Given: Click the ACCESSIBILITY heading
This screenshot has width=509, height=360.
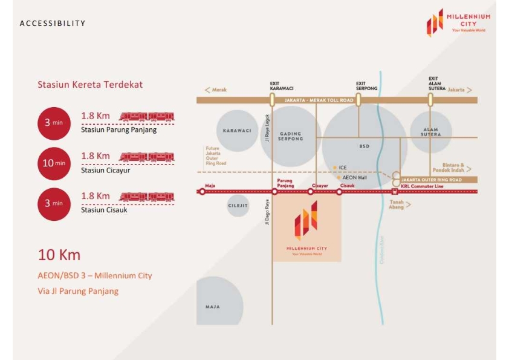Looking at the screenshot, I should click(x=53, y=24).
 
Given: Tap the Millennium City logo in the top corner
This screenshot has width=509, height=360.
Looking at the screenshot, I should click(x=458, y=22).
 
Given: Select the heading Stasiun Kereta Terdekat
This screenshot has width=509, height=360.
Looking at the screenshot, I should click(x=90, y=85).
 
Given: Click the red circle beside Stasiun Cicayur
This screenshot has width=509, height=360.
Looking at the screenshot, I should click(x=54, y=163).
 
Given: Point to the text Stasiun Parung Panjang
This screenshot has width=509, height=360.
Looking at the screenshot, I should click(x=118, y=129).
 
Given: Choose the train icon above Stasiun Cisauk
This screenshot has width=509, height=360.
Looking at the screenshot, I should click(x=146, y=196).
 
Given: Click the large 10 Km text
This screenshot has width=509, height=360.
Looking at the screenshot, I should click(x=59, y=255).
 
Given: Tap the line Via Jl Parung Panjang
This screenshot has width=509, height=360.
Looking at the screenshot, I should click(x=78, y=291).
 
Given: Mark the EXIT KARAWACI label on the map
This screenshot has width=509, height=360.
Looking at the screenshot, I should click(x=282, y=86).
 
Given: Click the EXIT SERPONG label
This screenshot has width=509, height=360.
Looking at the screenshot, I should click(x=366, y=86).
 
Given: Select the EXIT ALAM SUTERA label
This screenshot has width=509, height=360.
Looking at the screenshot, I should click(x=437, y=83).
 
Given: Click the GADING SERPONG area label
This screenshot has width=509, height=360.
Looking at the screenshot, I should click(x=291, y=136).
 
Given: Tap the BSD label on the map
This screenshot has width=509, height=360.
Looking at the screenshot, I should click(x=364, y=146).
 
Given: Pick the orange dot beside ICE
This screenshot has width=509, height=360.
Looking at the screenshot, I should click(x=334, y=167).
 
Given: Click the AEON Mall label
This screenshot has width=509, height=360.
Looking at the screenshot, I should click(x=354, y=177).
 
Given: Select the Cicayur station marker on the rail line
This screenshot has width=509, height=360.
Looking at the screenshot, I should click(x=311, y=192).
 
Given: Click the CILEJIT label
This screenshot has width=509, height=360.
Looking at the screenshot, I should click(x=238, y=206).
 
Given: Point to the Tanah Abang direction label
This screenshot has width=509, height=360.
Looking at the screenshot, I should click(x=397, y=205).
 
